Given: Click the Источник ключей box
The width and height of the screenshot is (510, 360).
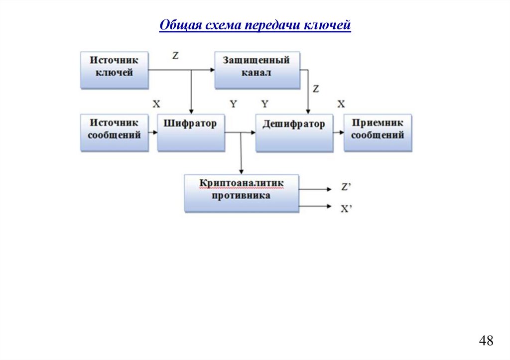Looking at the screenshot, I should pyautogui.click(x=115, y=70).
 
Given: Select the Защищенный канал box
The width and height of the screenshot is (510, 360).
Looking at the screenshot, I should pyautogui.click(x=257, y=70).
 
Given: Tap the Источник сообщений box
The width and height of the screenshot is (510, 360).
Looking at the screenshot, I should pyautogui.click(x=115, y=132).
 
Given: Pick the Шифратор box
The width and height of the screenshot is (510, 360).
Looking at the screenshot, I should pyautogui.click(x=191, y=132).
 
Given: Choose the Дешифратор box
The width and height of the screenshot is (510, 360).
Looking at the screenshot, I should pyautogui.click(x=294, y=132).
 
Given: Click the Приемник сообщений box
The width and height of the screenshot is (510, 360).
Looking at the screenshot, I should pyautogui.click(x=378, y=132).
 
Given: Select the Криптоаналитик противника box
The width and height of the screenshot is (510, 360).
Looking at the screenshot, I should pyautogui.click(x=242, y=193).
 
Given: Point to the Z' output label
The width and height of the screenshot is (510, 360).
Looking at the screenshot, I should pyautogui.click(x=347, y=188).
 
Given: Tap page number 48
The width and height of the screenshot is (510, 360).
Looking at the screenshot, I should pyautogui.click(x=486, y=341).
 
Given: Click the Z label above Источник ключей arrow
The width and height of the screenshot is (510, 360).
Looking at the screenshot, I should pyautogui.click(x=175, y=56).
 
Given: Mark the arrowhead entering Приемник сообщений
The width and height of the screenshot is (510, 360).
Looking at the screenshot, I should pyautogui.click(x=341, y=132).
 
